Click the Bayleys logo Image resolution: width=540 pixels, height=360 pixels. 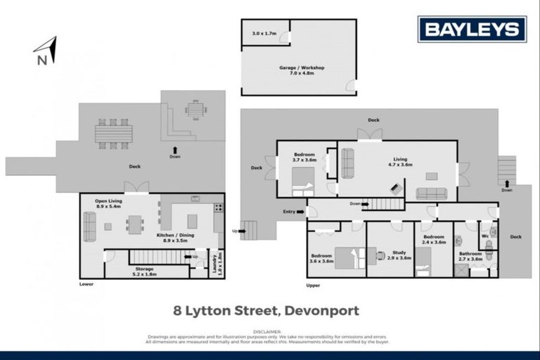472,30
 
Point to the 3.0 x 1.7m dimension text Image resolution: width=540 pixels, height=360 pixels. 264,34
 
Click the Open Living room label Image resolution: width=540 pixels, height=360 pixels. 109,203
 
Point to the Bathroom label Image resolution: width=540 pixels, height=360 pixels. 470,257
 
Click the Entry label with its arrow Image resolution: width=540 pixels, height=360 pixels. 293,211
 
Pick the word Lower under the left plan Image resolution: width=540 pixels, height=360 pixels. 86,284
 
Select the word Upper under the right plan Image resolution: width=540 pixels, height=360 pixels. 313,285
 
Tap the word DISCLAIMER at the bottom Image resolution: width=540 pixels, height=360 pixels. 269,330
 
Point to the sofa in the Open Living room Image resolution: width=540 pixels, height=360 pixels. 90,226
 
